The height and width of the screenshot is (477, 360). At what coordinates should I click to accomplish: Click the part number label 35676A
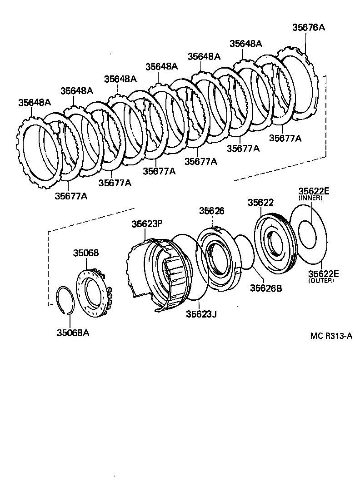click(x=308, y=27)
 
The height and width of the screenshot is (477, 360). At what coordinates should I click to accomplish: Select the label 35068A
click(x=73, y=333)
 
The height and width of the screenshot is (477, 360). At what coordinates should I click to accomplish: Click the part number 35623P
click(x=147, y=224)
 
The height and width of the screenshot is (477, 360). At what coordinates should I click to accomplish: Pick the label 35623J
click(x=201, y=313)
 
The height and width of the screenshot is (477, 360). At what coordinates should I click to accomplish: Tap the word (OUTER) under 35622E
click(x=321, y=281)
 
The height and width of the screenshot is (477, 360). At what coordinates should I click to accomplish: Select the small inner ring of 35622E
click(x=307, y=234)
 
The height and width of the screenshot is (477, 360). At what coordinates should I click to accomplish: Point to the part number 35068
click(x=86, y=253)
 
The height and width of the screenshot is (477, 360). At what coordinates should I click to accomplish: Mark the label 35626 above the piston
click(x=212, y=211)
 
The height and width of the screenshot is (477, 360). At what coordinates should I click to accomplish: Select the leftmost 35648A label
click(x=35, y=102)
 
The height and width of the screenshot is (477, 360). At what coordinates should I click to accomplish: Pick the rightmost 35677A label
click(x=285, y=138)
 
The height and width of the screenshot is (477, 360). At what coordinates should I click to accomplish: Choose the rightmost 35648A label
click(x=246, y=44)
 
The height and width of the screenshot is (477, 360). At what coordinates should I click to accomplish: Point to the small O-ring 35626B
click(x=248, y=252)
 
